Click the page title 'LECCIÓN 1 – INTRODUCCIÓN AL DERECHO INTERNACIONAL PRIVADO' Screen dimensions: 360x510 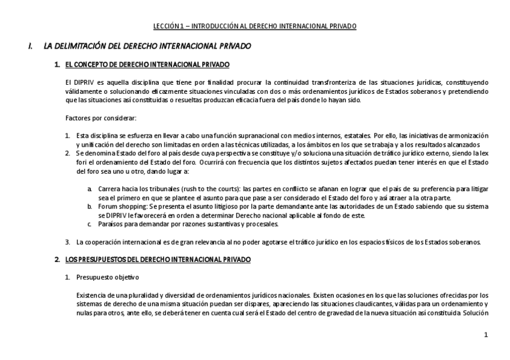tap(254, 26)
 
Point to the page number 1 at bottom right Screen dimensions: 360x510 tap(485, 335)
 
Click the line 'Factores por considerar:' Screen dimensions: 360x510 tap(101, 117)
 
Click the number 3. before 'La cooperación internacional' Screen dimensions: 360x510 tap(68, 242)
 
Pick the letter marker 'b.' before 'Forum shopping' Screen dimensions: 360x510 tap(89, 206)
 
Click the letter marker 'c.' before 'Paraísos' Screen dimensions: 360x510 tap(89, 224)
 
